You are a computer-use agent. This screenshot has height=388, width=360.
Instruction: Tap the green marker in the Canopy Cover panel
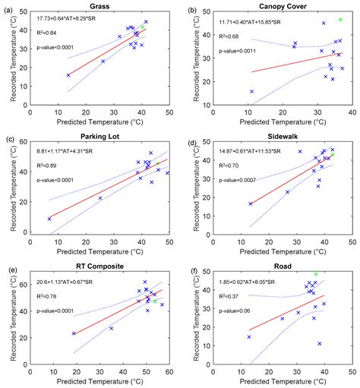tap(340, 20)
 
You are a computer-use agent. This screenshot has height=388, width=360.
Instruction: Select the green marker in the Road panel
tap(317, 274)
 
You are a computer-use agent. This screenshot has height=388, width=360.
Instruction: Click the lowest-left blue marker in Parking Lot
tap(50, 219)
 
